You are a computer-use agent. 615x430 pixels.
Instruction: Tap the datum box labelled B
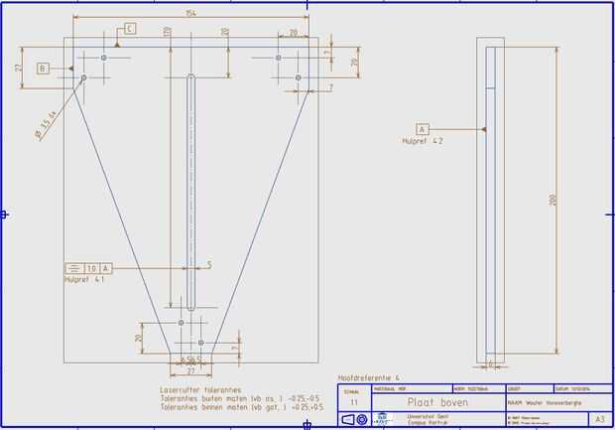tap(43, 69)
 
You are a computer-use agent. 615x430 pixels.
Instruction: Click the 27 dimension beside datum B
tap(18, 68)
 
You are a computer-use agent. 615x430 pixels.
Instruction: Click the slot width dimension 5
tap(209, 264)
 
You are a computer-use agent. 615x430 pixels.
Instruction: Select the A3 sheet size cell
tap(599, 420)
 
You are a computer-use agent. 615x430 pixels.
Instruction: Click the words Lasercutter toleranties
tap(202, 390)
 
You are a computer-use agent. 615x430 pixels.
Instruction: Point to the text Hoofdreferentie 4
tap(369, 378)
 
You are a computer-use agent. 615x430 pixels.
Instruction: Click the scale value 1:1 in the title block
tap(353, 402)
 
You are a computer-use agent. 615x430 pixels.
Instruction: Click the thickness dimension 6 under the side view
tap(491, 363)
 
